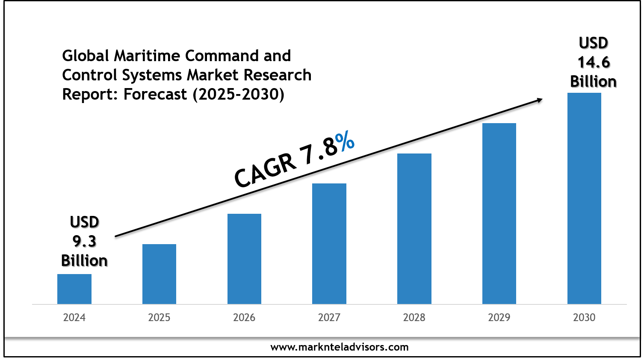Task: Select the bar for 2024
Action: pyautogui.click(x=74, y=289)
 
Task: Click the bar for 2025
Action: pyautogui.click(x=159, y=274)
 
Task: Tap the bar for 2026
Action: pyautogui.click(x=244, y=259)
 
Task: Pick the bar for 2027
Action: pyautogui.click(x=329, y=244)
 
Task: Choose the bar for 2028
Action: pyautogui.click(x=414, y=229)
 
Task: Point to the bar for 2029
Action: pyautogui.click(x=499, y=213)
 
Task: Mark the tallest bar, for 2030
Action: pyautogui.click(x=584, y=198)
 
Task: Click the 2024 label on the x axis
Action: pyautogui.click(x=74, y=318)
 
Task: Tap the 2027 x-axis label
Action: pyautogui.click(x=329, y=318)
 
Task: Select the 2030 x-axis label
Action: pyautogui.click(x=584, y=318)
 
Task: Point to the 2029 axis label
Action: pyautogui.click(x=499, y=318)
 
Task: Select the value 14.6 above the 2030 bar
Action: pyautogui.click(x=594, y=62)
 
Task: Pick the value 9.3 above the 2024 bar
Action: pyautogui.click(x=84, y=242)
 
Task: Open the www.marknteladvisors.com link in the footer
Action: pyautogui.click(x=340, y=347)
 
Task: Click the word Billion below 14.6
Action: pyautogui.click(x=594, y=82)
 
